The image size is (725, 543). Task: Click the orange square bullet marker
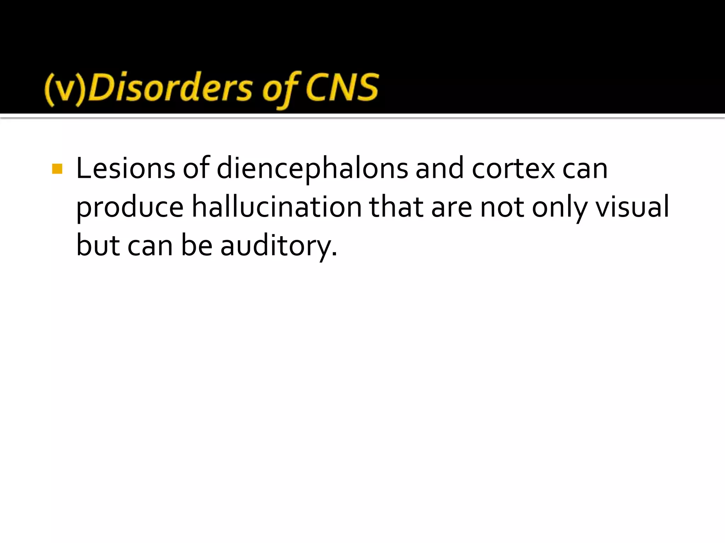pyautogui.click(x=57, y=169)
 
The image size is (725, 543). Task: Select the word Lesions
pyautogui.click(x=125, y=169)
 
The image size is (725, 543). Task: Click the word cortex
pyautogui.click(x=513, y=169)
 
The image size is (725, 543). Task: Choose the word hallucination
pyautogui.click(x=276, y=207)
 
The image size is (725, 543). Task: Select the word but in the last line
pyautogui.click(x=97, y=246)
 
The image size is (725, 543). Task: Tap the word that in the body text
pyautogui.click(x=396, y=207)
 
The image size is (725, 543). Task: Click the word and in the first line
pyautogui.click(x=439, y=169)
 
